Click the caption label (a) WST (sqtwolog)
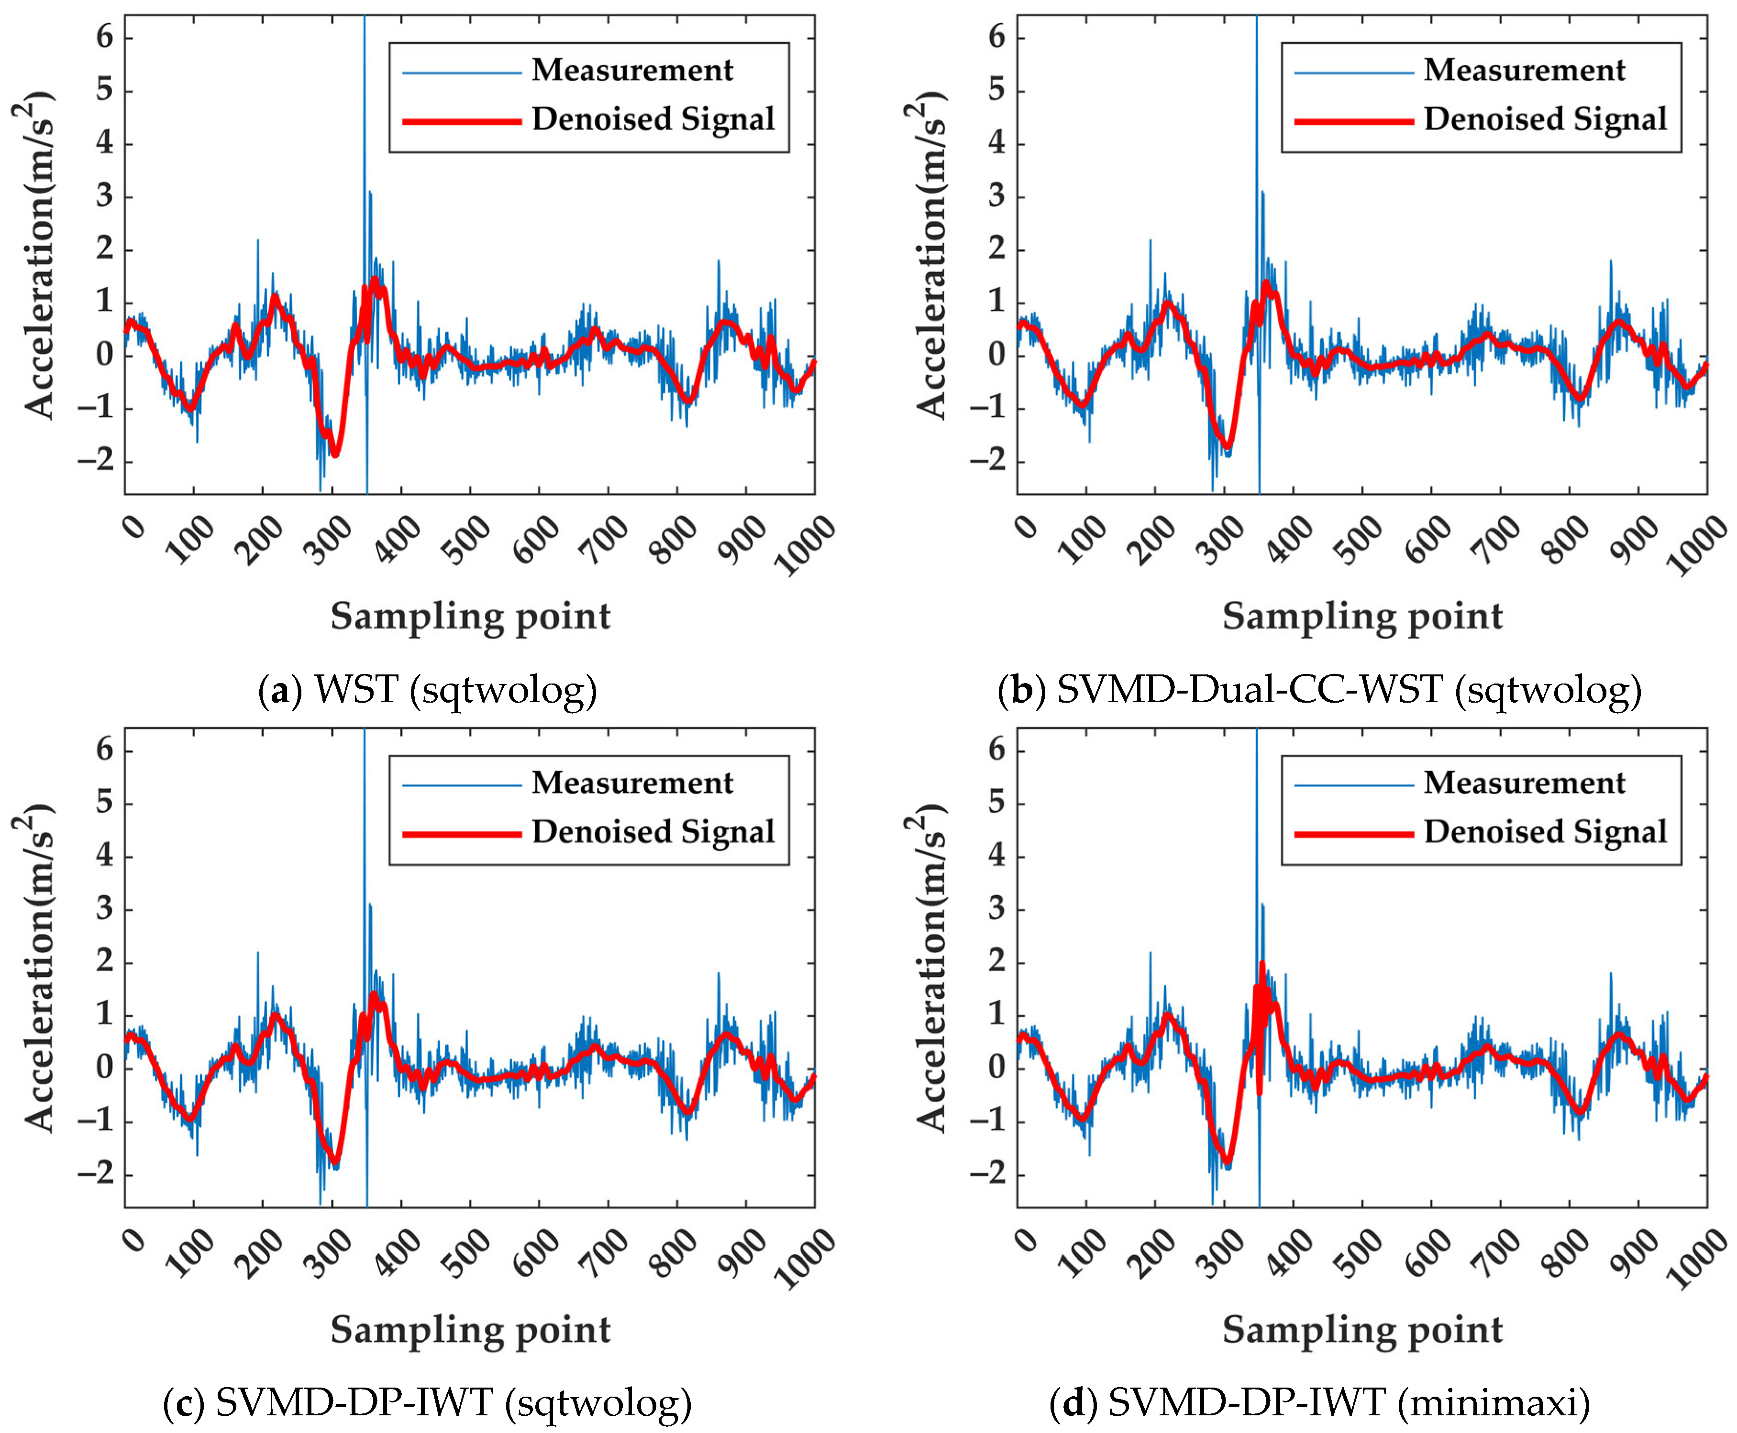coord(427,688)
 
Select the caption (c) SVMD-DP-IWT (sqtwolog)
coord(427,1401)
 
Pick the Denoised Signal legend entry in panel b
coord(1545,119)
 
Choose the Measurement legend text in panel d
coord(1524,782)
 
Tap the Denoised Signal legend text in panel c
coord(653,832)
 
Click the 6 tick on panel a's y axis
coord(105,37)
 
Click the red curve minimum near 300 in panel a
coord(335,454)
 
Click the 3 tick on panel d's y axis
coord(997,909)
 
